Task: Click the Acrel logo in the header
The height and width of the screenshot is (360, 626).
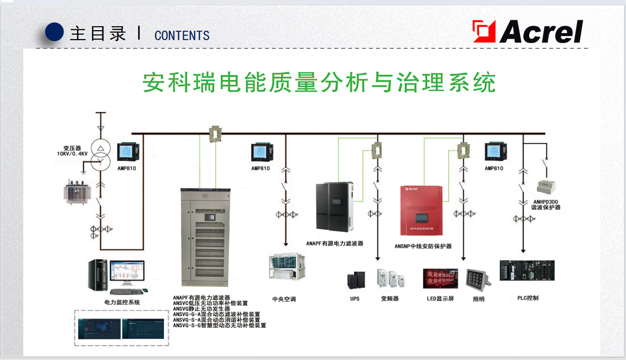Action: point(528,32)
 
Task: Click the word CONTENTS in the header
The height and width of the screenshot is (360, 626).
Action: point(182,36)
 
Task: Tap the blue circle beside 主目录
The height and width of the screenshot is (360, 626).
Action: point(54,32)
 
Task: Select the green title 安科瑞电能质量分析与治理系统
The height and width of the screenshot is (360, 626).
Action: point(319,83)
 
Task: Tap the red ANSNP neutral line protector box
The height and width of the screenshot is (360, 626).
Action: point(421,210)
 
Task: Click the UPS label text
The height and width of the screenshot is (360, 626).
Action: point(355,299)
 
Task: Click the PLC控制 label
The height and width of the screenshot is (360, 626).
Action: point(527,298)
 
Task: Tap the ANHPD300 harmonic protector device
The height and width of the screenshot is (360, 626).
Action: point(546,187)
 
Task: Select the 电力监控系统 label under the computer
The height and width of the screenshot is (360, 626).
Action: point(122,302)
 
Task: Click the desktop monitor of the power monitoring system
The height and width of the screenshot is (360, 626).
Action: point(127,273)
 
